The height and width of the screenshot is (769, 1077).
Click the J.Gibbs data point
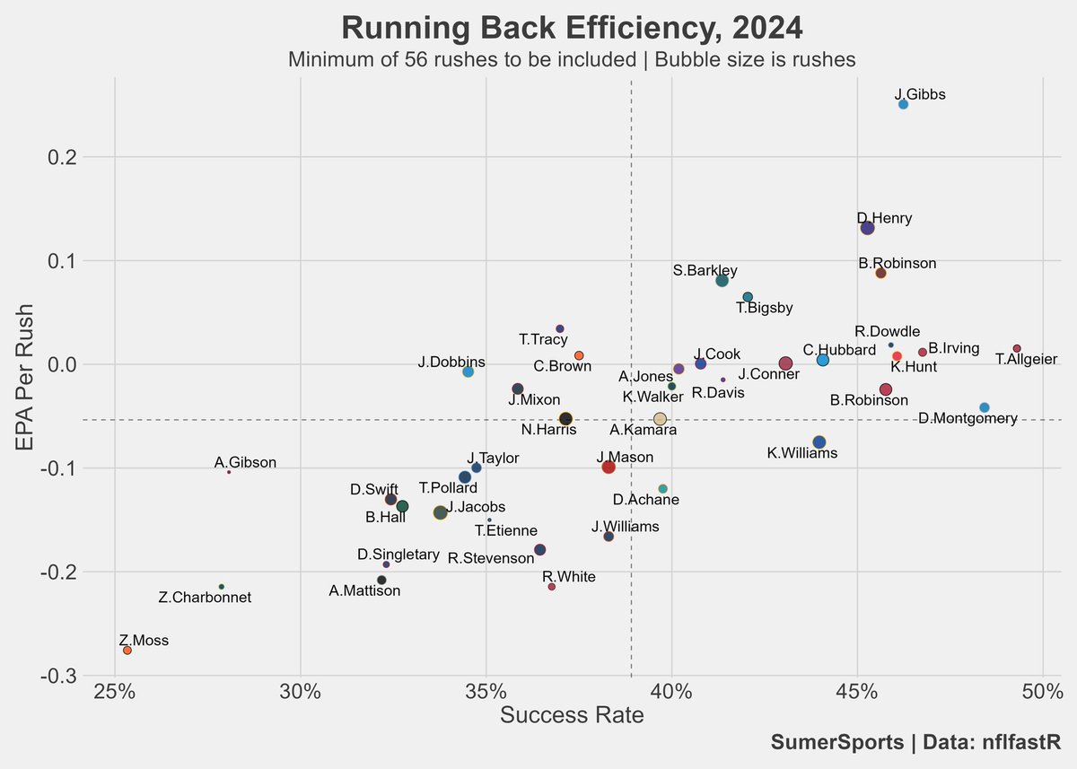903,105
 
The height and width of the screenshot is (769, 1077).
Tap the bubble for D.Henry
867,228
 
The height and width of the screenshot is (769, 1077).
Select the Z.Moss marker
127,650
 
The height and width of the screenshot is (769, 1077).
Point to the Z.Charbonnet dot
222,586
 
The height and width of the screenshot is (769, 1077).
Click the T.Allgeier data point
1017,348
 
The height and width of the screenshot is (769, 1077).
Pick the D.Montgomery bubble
985,407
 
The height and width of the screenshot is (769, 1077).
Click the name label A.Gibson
245,463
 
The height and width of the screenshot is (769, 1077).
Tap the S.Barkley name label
705,270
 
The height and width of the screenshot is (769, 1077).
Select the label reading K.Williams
802,453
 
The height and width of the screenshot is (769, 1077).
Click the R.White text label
569,576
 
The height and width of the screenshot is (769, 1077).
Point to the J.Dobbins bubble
468,371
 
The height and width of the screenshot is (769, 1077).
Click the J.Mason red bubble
609,467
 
